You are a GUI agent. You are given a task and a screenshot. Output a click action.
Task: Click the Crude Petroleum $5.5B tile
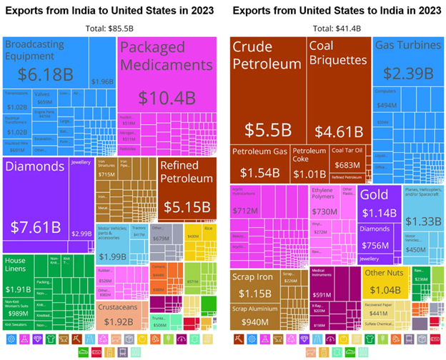click(x=268, y=93)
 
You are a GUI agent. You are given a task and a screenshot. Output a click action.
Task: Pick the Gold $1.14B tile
click(x=379, y=204)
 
